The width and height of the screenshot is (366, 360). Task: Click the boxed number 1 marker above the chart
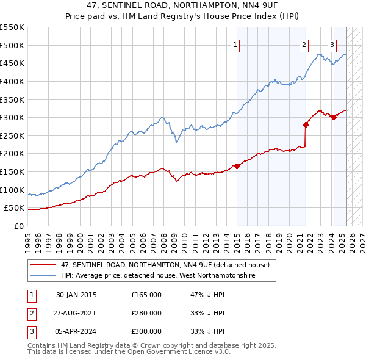pyautogui.click(x=235, y=43)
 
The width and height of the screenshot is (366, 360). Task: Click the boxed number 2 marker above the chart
pyautogui.click(x=304, y=43)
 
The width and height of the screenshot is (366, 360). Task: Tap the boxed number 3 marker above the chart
pyautogui.click(x=332, y=43)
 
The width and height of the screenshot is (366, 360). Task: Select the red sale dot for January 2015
pyautogui.click(x=237, y=166)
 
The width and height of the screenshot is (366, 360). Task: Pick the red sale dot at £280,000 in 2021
pyautogui.click(x=306, y=124)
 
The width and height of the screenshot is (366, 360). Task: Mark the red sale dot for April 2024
pyautogui.click(x=334, y=117)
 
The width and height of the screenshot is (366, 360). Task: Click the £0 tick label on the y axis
pyautogui.click(x=19, y=226)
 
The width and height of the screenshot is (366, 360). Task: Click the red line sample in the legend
pyautogui.click(x=43, y=264)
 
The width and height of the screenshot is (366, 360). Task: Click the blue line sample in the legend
pyautogui.click(x=43, y=276)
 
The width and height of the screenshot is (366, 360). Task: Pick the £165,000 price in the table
pyautogui.click(x=146, y=295)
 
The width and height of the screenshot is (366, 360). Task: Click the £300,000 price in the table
pyautogui.click(x=146, y=331)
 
